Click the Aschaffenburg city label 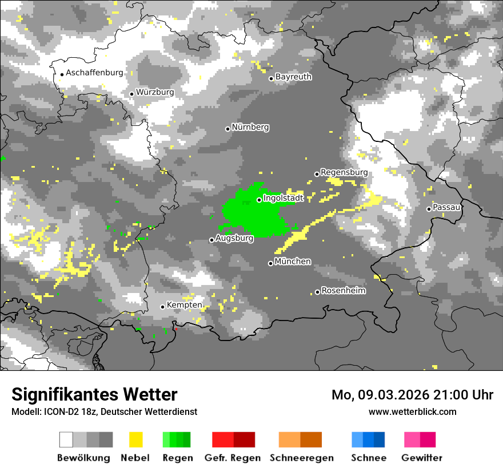[x=94, y=73]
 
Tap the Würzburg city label [x=155, y=92]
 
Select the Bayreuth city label [x=293, y=76]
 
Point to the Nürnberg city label [x=250, y=127]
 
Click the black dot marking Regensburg [x=317, y=174]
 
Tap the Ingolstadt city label [x=284, y=198]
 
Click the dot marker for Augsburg [x=211, y=240]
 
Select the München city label [x=293, y=262]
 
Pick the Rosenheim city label [x=344, y=290]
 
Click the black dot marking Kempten [x=162, y=307]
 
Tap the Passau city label [x=447, y=207]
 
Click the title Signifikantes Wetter [x=94, y=394]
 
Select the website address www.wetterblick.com [x=413, y=411]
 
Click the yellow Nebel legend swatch [x=135, y=440]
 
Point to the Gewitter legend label [x=422, y=458]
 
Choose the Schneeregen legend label [x=302, y=458]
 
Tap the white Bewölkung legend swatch [x=66, y=440]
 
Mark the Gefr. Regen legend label [x=233, y=458]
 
